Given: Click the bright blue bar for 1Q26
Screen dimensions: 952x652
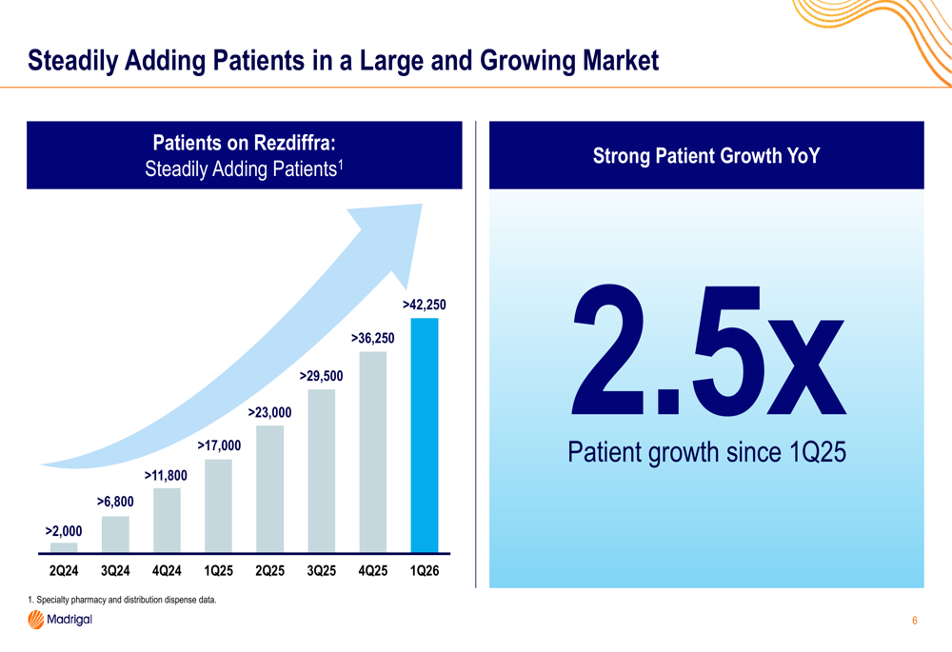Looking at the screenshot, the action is pos(425,435).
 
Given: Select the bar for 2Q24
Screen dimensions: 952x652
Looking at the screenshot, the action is pos(64,547).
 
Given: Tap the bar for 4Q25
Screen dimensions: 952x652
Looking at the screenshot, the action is pos(373,452).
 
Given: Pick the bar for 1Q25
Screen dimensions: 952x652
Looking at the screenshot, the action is pos(219,505).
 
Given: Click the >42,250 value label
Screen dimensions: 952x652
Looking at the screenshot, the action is pos(425,305).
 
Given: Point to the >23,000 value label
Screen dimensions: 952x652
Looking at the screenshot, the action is pos(269,413).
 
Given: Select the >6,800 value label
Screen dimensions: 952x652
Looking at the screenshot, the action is pos(115,502).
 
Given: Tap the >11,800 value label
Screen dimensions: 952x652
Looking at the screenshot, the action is pos(166,475).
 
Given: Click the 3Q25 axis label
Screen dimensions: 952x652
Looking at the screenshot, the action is pos(321,571).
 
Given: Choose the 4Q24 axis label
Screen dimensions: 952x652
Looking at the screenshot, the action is pos(167,571).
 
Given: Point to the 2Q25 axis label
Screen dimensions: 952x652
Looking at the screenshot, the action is pos(269,571).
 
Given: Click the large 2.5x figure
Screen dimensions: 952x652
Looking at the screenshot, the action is pos(708,350).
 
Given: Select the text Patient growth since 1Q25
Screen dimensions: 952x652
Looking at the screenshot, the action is pos(706,452).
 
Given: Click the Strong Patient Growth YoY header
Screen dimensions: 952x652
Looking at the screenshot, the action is pos(706,156).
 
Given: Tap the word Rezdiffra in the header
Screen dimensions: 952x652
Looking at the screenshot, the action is pos(292,143).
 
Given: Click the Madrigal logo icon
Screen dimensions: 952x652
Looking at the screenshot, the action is pos(36,620).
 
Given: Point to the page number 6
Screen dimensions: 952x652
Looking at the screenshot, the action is pos(914,621).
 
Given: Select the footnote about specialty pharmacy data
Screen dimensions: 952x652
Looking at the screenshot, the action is pos(122,600).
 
